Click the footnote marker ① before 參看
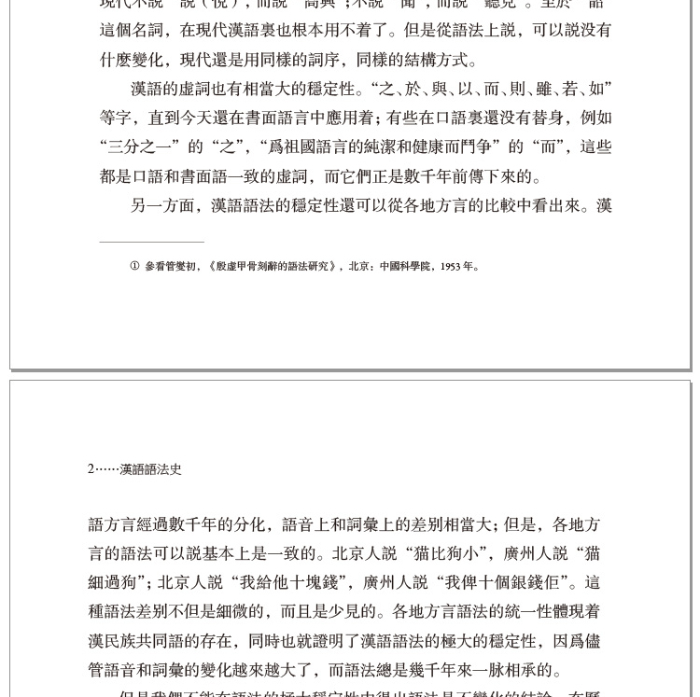[x=135, y=267]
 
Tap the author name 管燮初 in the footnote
[x=184, y=267]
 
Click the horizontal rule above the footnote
[x=151, y=243]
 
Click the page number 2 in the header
[x=91, y=469]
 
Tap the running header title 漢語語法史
[x=151, y=469]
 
